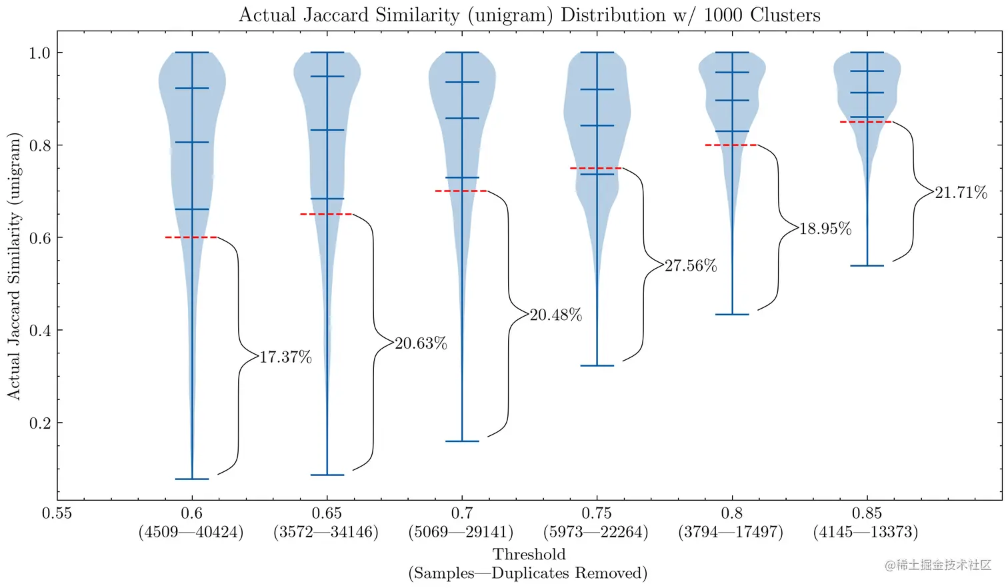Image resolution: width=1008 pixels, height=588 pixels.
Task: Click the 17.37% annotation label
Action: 285,357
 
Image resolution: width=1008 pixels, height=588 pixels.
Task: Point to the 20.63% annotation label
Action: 421,343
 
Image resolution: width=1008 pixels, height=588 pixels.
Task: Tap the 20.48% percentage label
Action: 555,315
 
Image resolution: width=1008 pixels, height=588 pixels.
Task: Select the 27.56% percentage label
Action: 691,266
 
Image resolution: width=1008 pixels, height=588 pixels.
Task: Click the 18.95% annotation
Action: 825,229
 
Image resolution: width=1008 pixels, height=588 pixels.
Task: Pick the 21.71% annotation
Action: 961,193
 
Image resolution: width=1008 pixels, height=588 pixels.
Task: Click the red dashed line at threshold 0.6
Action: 191,237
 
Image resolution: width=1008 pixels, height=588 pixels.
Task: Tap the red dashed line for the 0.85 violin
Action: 866,122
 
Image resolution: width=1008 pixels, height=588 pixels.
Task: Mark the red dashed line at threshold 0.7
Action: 461,191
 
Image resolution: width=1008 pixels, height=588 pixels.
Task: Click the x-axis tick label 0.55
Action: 57,513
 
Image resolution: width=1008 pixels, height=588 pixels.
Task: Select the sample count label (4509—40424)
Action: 191,532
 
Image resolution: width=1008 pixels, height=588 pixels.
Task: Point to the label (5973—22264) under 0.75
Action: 596,532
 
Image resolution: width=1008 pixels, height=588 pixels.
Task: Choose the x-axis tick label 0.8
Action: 731,513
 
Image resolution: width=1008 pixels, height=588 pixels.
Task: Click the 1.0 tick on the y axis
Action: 39,53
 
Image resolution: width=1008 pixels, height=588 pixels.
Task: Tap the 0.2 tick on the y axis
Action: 39,423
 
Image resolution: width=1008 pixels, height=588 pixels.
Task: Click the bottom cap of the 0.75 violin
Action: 597,365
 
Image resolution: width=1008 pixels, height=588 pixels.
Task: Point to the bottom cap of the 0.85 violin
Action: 867,265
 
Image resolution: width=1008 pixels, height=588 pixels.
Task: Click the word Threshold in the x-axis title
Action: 529,554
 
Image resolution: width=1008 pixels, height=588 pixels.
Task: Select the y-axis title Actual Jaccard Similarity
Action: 15,266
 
